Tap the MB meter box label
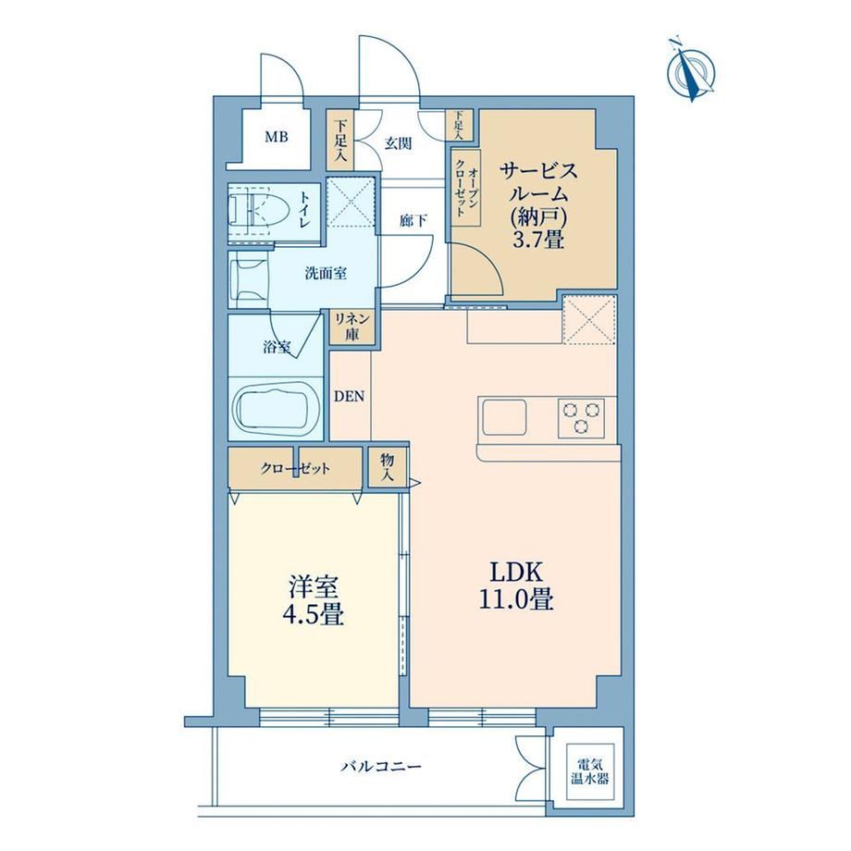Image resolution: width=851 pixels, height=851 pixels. click(x=277, y=137)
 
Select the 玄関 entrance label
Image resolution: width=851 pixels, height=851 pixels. click(x=399, y=143)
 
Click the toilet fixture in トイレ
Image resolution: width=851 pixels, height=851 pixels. click(x=252, y=209)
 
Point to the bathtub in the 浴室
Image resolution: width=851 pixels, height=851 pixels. click(x=275, y=411)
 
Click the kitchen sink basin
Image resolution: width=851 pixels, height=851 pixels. click(x=504, y=417)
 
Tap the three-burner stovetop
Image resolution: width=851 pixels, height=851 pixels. click(x=581, y=417)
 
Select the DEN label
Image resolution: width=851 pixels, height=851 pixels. click(x=349, y=397)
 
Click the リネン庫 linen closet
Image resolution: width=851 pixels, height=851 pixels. click(x=352, y=327)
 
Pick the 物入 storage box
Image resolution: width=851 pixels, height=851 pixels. click(x=387, y=467)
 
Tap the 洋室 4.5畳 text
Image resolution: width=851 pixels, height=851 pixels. click(x=314, y=600)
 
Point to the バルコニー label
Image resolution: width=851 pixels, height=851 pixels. click(x=381, y=767)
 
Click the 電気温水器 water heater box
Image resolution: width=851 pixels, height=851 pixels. click(x=589, y=771)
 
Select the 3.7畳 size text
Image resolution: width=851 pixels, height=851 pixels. click(x=538, y=239)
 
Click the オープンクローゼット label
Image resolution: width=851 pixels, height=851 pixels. click(x=467, y=188)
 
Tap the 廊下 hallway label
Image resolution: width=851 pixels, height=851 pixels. click(x=413, y=220)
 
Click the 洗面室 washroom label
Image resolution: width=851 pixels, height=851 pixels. click(x=326, y=274)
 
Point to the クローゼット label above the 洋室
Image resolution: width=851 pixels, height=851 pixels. click(x=295, y=468)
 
